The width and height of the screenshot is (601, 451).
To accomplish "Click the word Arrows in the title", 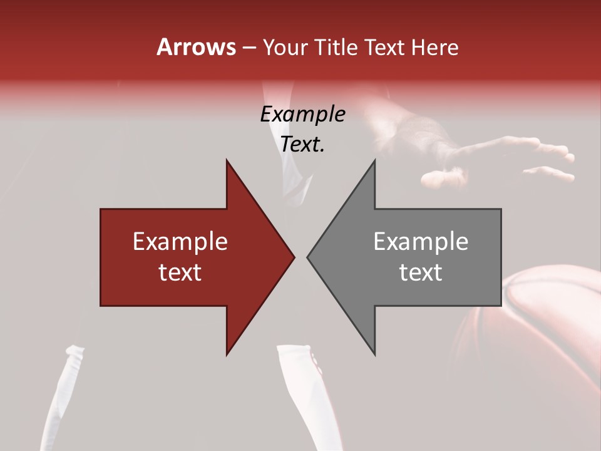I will [196, 47].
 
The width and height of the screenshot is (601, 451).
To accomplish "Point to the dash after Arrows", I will [249, 48].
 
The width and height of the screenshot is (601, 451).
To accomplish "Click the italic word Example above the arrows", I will [302, 114].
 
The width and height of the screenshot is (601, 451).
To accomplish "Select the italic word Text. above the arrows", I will [302, 144].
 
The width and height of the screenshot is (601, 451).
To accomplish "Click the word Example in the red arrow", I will [180, 242].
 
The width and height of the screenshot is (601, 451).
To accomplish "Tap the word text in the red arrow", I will [180, 272].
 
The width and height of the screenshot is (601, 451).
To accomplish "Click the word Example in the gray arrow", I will [421, 242].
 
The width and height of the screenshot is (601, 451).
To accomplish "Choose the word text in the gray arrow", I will [421, 272].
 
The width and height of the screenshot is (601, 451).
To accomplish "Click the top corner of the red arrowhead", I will [227, 161].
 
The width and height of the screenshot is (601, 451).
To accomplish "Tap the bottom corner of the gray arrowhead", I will [374, 354].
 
